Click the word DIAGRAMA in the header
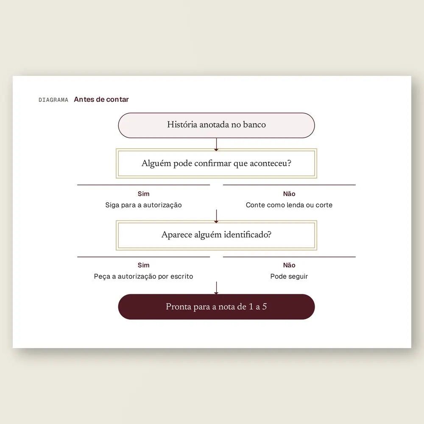(x=53, y=100)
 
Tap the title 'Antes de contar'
(x=101, y=99)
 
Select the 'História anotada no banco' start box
(x=216, y=126)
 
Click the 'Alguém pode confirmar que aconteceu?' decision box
(x=216, y=163)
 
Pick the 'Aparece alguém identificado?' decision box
(x=216, y=235)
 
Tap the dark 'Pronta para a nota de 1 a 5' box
(x=216, y=307)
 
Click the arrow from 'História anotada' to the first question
(x=216, y=145)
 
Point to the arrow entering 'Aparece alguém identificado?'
(x=216, y=216)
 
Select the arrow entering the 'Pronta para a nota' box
(x=216, y=288)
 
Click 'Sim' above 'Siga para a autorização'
(x=144, y=194)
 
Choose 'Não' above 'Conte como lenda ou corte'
(x=289, y=194)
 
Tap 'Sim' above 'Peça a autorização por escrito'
(x=144, y=265)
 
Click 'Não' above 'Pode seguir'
(x=289, y=265)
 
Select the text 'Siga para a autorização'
(x=144, y=205)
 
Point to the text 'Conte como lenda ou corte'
(x=289, y=205)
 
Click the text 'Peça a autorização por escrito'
(x=144, y=276)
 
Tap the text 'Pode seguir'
(x=289, y=276)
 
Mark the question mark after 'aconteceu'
(x=289, y=163)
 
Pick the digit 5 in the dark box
(x=265, y=307)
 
